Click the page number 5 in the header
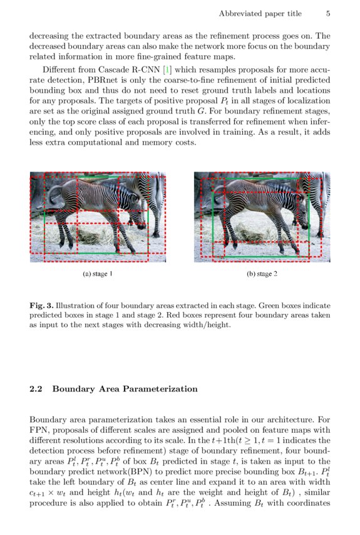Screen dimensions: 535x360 click(x=328, y=13)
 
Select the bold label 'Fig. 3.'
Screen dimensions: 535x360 click(x=41, y=306)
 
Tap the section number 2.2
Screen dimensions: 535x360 click(x=36, y=389)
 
